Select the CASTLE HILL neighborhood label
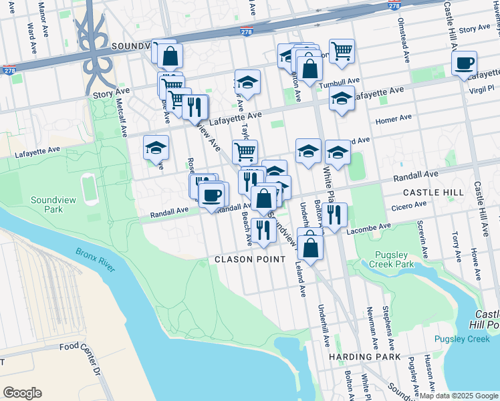coord(433,192)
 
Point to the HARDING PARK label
coord(365,357)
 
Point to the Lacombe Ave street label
coord(368,227)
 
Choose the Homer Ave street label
coord(394,119)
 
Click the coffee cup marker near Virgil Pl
coord(464,63)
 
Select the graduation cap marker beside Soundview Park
coord(156,148)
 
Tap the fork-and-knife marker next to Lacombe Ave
coord(334,215)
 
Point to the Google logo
coord(22,392)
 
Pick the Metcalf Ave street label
coord(122,115)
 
